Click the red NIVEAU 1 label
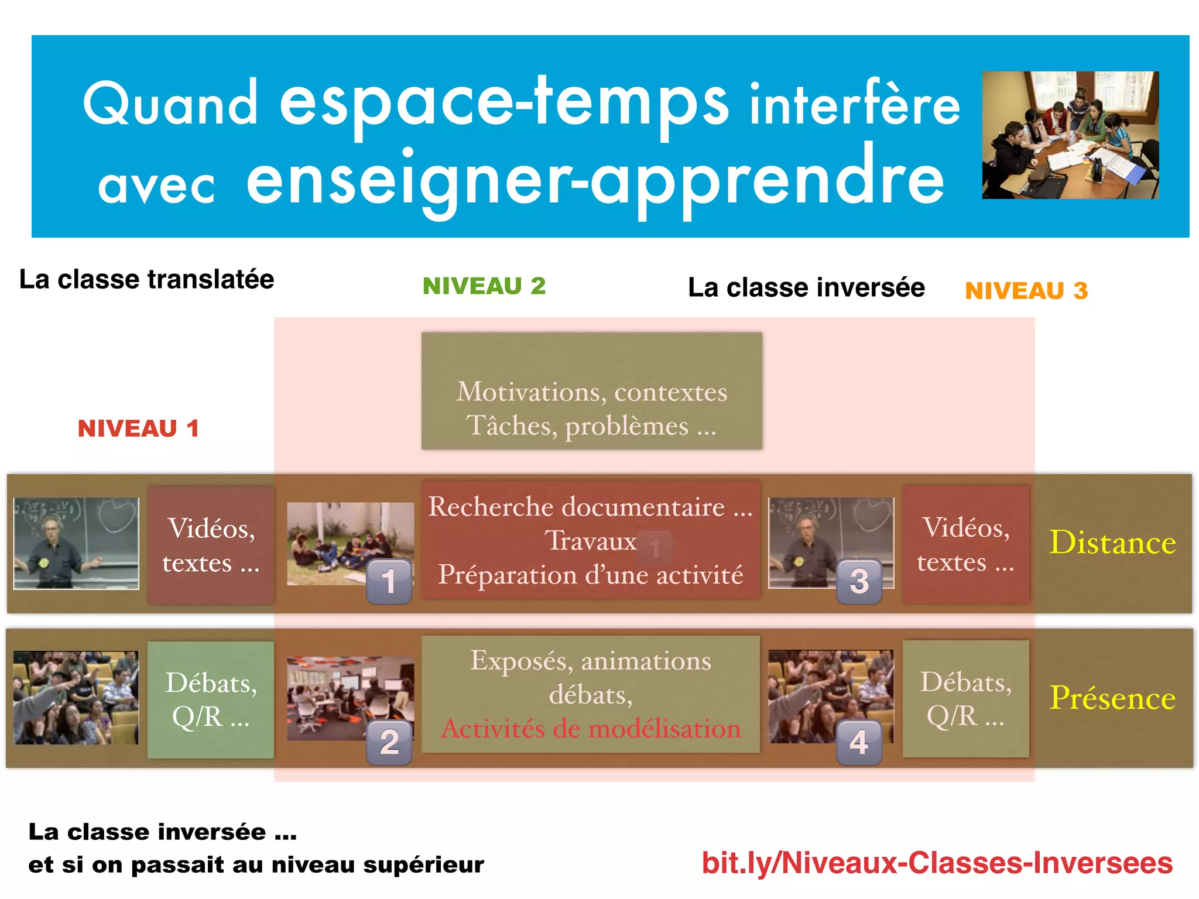pyautogui.click(x=138, y=428)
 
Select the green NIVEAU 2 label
pyautogui.click(x=484, y=286)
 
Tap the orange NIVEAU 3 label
pyautogui.click(x=1026, y=291)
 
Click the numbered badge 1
pyautogui.click(x=389, y=581)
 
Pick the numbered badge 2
pyautogui.click(x=389, y=742)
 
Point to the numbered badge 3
pyautogui.click(x=859, y=581)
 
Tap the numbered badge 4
pyautogui.click(x=859, y=742)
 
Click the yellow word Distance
pyautogui.click(x=1112, y=543)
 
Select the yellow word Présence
pyautogui.click(x=1112, y=698)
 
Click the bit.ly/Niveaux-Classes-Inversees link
pyautogui.click(x=937, y=863)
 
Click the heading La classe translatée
pyautogui.click(x=146, y=279)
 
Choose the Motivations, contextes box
pyautogui.click(x=591, y=391)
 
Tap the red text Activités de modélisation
pyautogui.click(x=591, y=729)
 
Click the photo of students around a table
pyautogui.click(x=1070, y=135)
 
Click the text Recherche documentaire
pyautogui.click(x=577, y=507)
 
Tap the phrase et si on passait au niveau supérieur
pyautogui.click(x=256, y=864)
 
